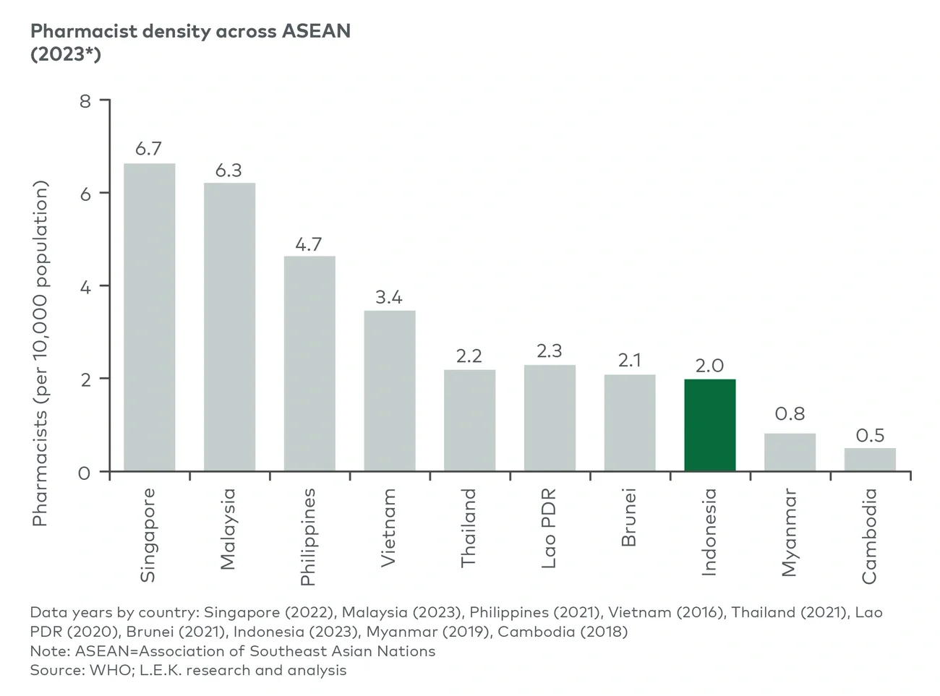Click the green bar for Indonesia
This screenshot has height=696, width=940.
coord(710,425)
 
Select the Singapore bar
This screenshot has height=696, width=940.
coord(149,318)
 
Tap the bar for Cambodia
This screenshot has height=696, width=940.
coord(870,460)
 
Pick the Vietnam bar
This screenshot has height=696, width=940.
coord(389,391)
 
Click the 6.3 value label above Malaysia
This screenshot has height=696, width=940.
coord(228,171)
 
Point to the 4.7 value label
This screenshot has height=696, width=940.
coord(309,244)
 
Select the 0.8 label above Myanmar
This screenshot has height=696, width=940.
coord(790,414)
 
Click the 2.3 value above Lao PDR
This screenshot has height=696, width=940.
coord(550,351)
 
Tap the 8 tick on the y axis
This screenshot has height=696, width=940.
coord(85,101)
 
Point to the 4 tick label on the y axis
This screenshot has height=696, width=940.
coord(85,287)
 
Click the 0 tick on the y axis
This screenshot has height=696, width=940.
coord(85,473)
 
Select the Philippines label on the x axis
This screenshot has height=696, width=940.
coord(309,536)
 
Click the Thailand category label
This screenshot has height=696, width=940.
coord(469,528)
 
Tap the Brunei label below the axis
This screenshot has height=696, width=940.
coord(629,517)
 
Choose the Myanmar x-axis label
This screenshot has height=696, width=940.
coord(790,533)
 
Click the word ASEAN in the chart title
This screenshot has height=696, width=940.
coord(316,31)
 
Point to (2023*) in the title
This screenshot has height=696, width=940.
coord(65,54)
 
